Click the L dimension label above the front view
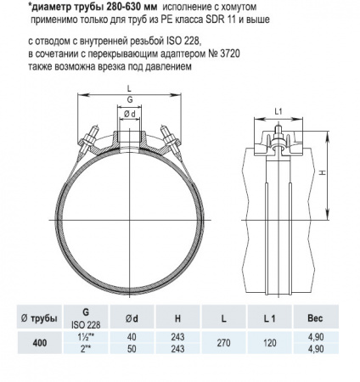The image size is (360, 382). [129, 88]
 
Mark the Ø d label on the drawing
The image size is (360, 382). [129, 115]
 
